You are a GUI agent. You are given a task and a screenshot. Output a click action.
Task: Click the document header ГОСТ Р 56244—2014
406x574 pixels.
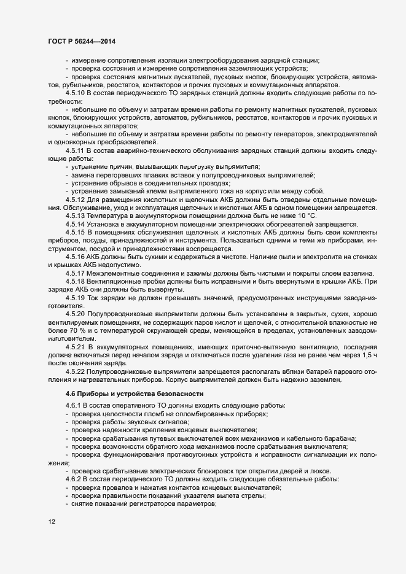tap(81, 41)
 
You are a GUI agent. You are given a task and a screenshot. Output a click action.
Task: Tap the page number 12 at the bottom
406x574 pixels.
tap(52, 522)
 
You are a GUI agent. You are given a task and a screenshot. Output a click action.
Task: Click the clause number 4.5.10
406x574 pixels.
tap(76, 92)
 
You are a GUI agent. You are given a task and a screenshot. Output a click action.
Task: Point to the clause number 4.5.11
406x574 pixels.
tap(76, 150)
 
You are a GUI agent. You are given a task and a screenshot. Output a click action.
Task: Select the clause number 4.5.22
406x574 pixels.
tap(76, 372)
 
